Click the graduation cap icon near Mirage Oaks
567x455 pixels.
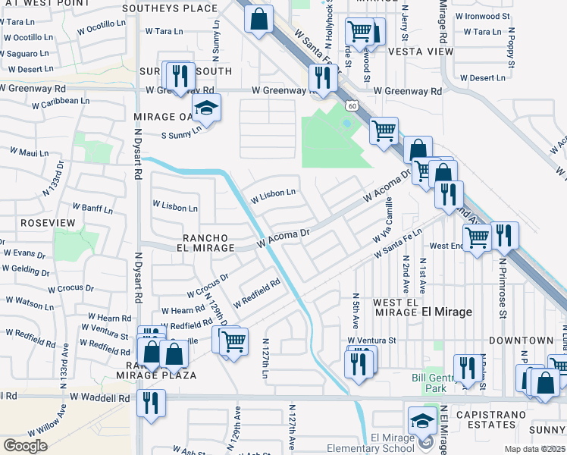(205, 110)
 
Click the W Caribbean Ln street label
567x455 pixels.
(55, 100)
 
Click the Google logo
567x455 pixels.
(25, 445)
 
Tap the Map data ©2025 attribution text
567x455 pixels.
(534, 448)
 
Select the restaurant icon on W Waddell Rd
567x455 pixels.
(151, 401)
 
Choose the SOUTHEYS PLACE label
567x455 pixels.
(170, 8)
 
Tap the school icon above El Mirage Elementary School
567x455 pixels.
(422, 419)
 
